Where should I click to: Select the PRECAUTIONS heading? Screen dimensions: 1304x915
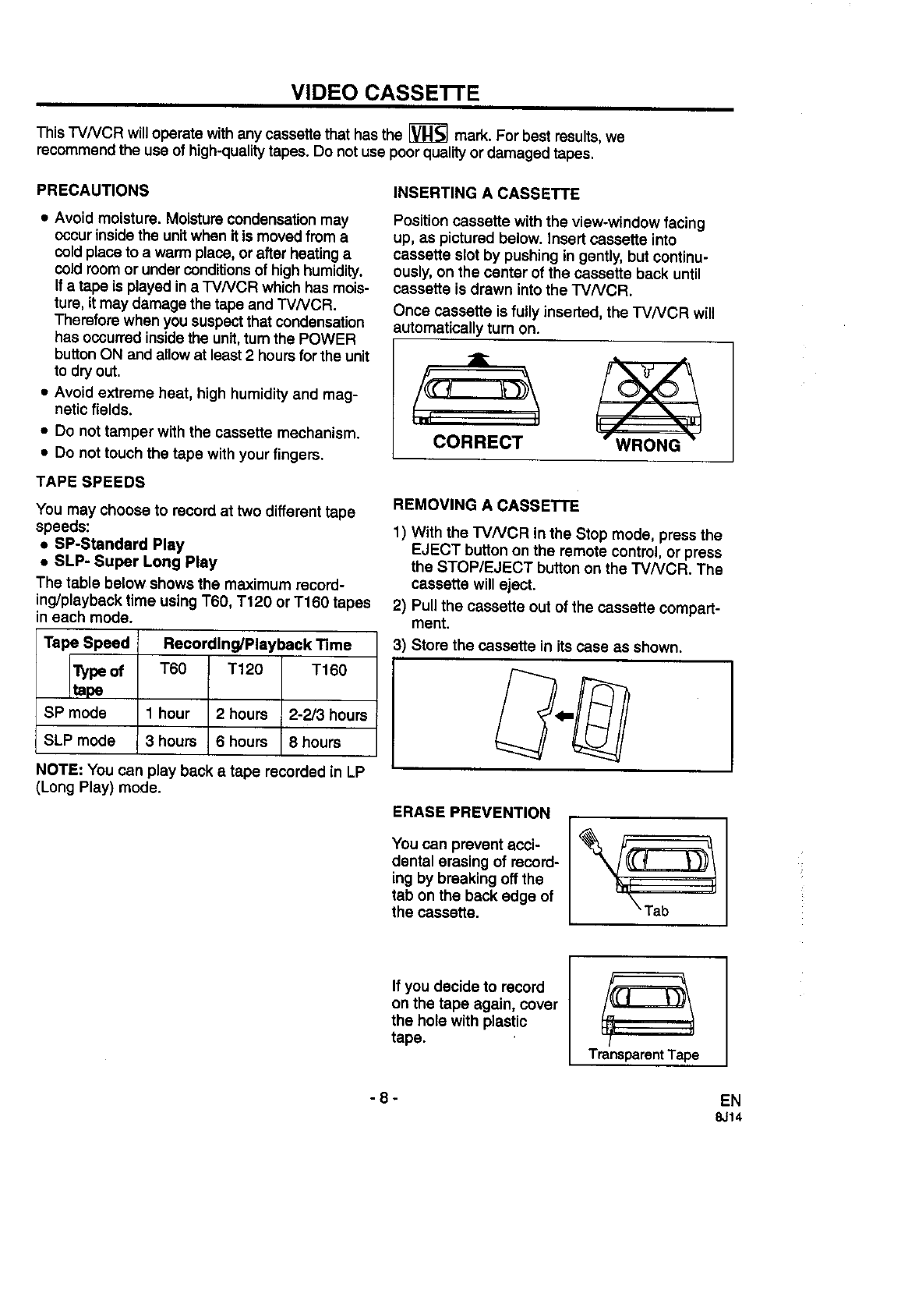(93, 190)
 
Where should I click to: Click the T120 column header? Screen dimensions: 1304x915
(245, 670)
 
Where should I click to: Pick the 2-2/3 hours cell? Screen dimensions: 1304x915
(328, 714)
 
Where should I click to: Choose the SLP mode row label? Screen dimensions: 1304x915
(79, 741)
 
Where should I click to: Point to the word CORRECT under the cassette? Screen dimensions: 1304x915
(478, 443)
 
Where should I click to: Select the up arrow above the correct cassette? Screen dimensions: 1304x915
(482, 357)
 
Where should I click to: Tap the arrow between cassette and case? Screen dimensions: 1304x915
(563, 714)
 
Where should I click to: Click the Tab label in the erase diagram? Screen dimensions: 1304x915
(656, 910)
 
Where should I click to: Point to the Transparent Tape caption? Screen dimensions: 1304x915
(644, 1054)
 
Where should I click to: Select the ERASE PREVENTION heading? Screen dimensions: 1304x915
(471, 813)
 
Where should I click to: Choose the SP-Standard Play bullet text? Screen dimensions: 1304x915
(119, 544)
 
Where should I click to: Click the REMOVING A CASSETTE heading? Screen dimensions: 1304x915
(486, 505)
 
